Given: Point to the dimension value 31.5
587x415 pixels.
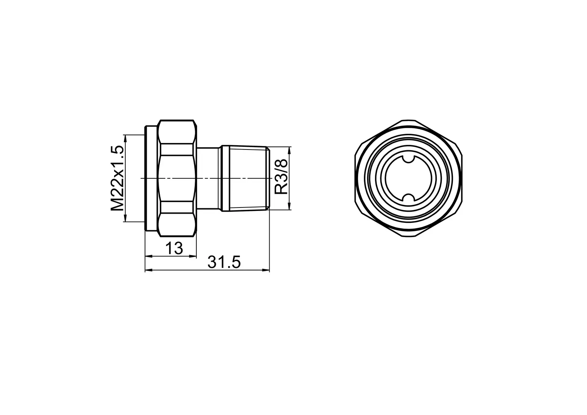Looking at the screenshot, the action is tap(224, 262).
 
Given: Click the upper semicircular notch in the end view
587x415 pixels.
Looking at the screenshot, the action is tap(408, 159).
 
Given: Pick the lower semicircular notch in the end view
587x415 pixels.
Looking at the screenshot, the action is tap(408, 197).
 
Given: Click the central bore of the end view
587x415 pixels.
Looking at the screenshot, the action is tap(408, 178).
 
